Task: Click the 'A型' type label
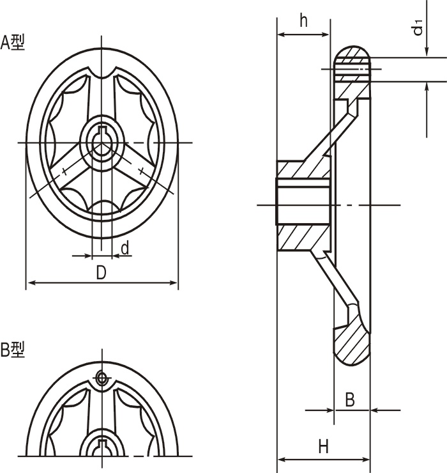(x=13, y=43)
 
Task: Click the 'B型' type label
(x=13, y=350)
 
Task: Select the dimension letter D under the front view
(x=101, y=273)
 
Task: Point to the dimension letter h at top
(x=303, y=20)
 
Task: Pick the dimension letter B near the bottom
(x=350, y=400)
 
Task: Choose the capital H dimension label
(x=323, y=446)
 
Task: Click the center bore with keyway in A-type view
(x=101, y=142)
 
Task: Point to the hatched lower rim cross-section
(x=352, y=339)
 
